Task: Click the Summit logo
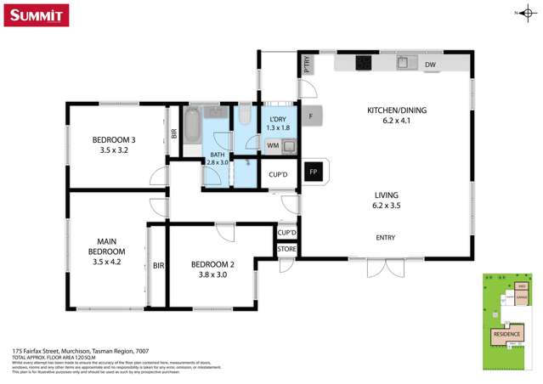37,14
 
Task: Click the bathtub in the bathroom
192,129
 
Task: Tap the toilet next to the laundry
244,116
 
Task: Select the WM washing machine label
273,146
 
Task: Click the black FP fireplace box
313,172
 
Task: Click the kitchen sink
404,63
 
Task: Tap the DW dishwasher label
430,65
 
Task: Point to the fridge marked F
311,116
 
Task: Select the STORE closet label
286,249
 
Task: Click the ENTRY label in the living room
385,238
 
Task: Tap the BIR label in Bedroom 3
174,133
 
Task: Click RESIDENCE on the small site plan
507,334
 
